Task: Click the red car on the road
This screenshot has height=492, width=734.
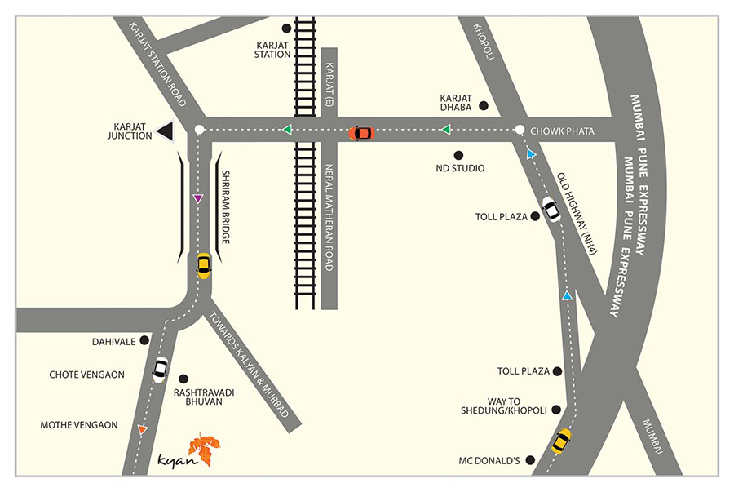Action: tap(361, 132)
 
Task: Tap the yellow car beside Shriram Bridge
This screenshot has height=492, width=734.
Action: tap(203, 265)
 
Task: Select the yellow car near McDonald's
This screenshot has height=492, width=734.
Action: tap(561, 441)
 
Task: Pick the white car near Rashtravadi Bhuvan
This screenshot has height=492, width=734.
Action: tap(160, 370)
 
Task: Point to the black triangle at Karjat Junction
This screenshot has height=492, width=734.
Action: tap(166, 131)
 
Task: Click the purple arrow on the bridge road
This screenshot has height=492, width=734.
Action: tap(197, 198)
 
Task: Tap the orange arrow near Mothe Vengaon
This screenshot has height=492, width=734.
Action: tap(143, 429)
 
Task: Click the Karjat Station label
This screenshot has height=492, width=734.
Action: tap(272, 49)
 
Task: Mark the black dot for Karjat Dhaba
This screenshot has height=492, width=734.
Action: tap(484, 105)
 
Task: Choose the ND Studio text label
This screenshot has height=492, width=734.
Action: tap(461, 168)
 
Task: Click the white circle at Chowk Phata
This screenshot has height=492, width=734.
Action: tap(520, 130)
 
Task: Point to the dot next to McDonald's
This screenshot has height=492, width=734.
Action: tap(530, 461)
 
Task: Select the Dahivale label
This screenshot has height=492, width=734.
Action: tap(113, 341)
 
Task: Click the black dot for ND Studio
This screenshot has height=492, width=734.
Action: tap(458, 155)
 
